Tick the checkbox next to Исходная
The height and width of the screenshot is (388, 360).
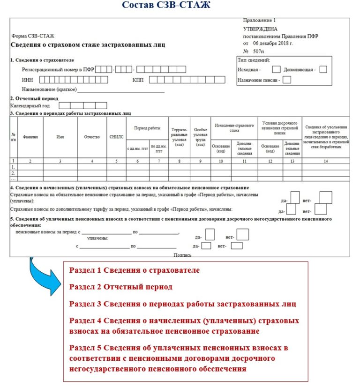point(276,69)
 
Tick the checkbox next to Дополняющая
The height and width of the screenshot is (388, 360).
point(322,69)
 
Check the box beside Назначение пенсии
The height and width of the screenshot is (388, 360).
point(287,80)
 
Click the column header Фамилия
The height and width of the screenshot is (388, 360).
point(30,137)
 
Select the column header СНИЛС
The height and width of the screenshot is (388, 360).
point(116,137)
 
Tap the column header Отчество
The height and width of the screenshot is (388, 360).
point(92,137)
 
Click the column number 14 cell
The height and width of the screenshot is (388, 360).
point(326,161)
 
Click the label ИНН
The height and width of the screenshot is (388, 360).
point(27,80)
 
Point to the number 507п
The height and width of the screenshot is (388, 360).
point(259,50)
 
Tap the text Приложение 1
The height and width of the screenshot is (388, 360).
point(259,21)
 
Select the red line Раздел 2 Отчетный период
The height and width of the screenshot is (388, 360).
point(121,287)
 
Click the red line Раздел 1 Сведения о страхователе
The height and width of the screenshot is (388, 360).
point(135,270)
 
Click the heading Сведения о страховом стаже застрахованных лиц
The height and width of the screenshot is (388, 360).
point(88,45)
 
